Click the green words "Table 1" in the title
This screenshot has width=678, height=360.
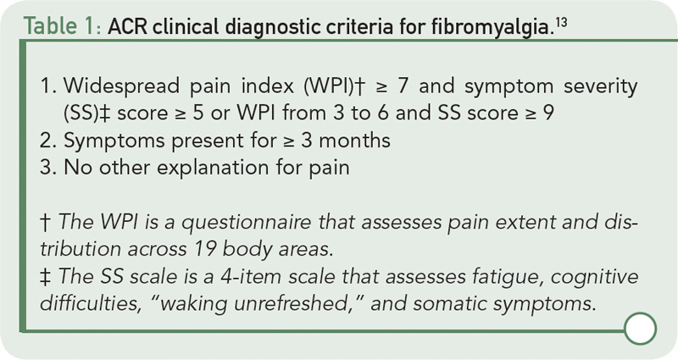tap(58, 27)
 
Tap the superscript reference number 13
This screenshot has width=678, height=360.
tap(560, 22)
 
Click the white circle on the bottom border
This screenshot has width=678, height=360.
tap(641, 329)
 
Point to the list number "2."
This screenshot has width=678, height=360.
tap(48, 141)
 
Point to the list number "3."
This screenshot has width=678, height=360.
tap(48, 168)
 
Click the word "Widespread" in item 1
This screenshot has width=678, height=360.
tap(121, 86)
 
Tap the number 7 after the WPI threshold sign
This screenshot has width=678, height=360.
tap(402, 86)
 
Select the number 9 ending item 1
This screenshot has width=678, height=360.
tap(547, 114)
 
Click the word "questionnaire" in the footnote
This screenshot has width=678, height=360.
tap(246, 222)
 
